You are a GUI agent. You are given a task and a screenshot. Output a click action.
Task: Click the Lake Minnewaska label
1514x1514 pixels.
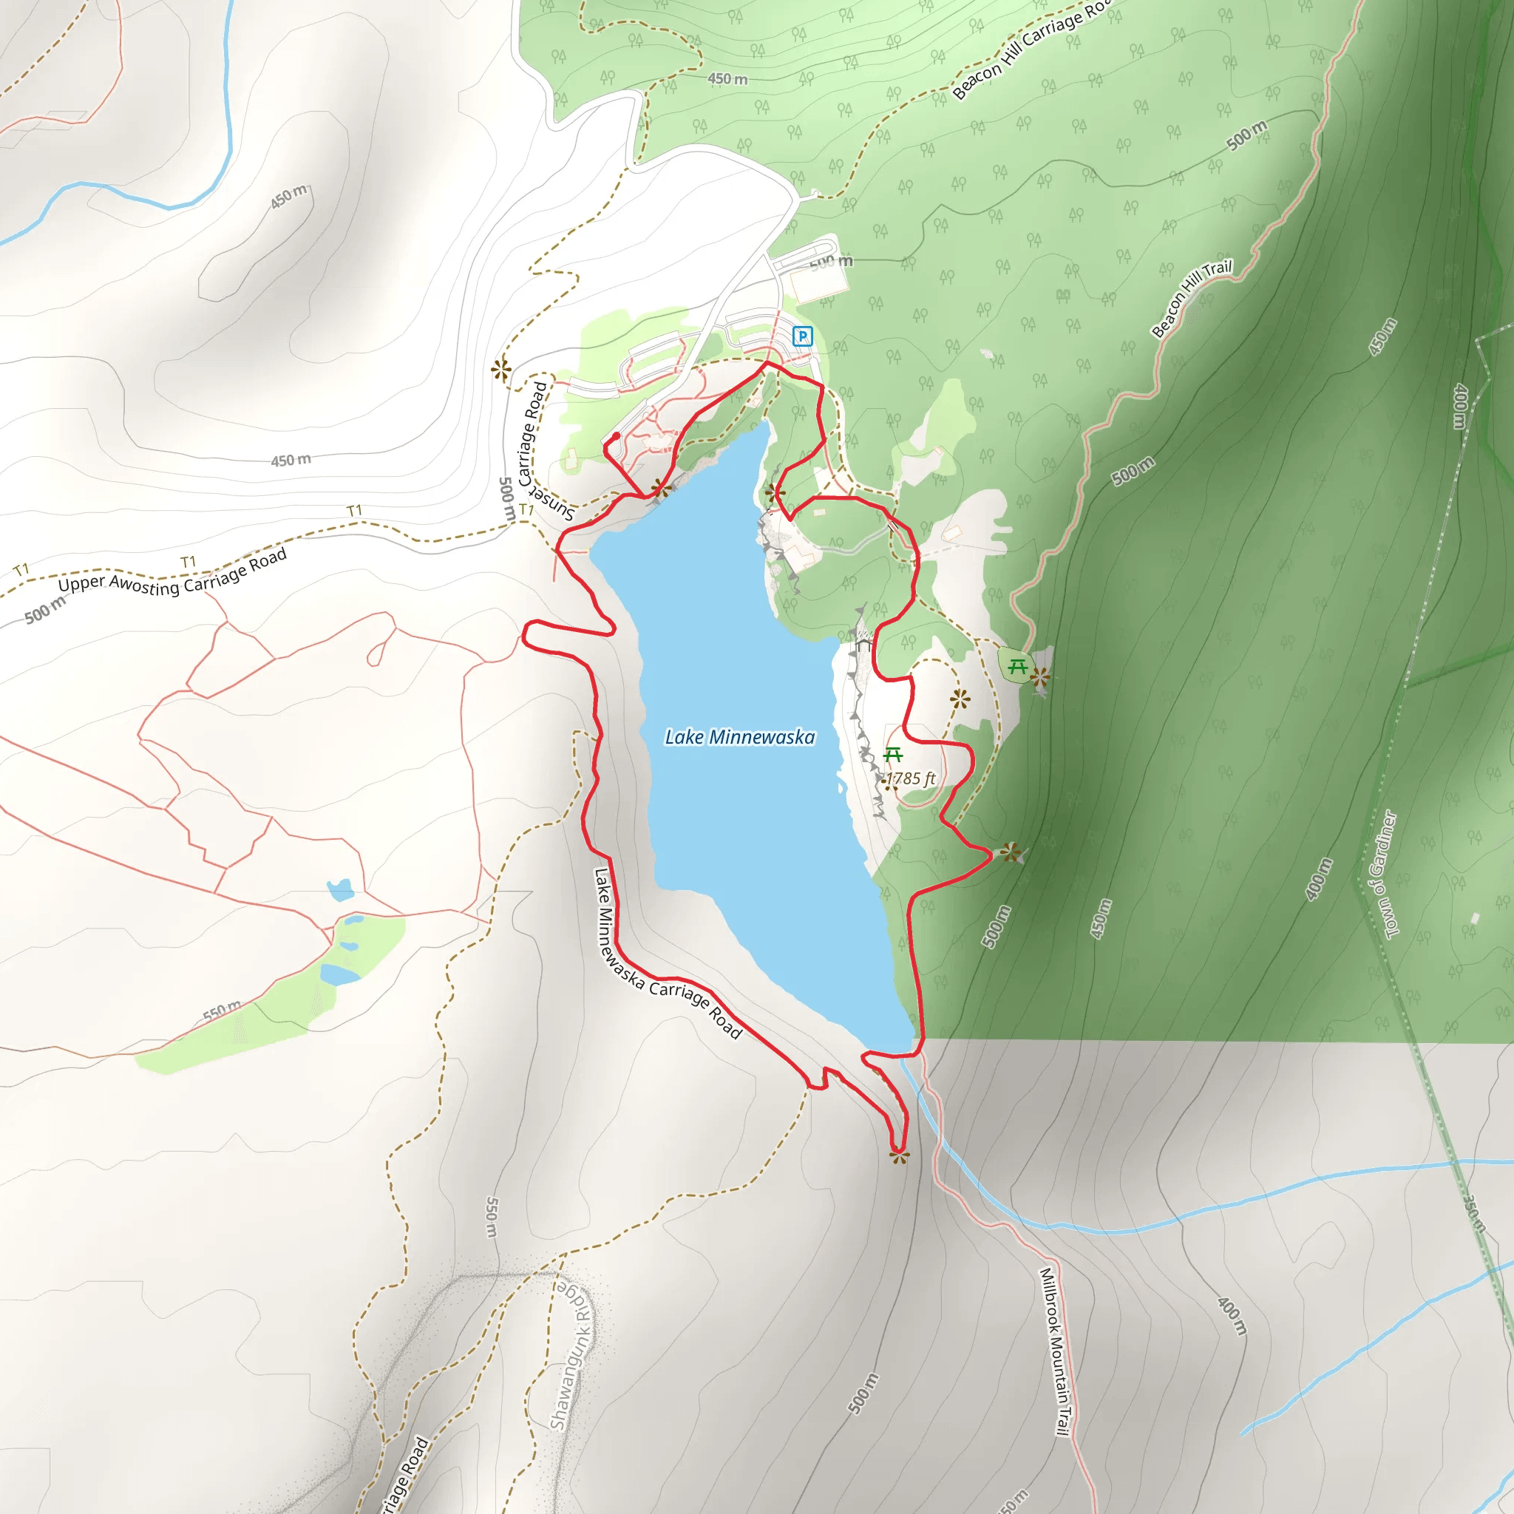[739, 737]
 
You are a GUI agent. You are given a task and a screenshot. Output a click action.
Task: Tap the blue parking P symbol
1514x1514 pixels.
[801, 336]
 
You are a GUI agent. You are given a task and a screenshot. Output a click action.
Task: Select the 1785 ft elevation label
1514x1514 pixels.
[910, 779]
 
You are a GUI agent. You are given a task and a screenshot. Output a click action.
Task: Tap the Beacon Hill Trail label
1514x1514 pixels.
[1190, 299]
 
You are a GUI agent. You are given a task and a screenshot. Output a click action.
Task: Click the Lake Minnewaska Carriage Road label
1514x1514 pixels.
[667, 954]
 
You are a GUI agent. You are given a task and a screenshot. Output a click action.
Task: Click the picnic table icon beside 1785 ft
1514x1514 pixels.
[892, 756]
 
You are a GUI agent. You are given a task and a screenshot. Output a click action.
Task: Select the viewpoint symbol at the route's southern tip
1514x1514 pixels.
[899, 1156]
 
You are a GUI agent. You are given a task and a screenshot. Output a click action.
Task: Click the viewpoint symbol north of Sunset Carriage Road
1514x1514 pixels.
[501, 369]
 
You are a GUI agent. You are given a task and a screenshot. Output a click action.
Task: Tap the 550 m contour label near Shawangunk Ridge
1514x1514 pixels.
[492, 1217]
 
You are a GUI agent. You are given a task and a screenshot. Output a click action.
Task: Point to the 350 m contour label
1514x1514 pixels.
[1474, 1212]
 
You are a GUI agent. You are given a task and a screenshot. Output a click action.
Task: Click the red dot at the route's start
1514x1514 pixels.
[617, 436]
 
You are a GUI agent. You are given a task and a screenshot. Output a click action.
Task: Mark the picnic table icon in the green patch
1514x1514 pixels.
[1017, 667]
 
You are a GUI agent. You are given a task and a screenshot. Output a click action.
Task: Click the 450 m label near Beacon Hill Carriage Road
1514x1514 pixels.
[727, 79]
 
